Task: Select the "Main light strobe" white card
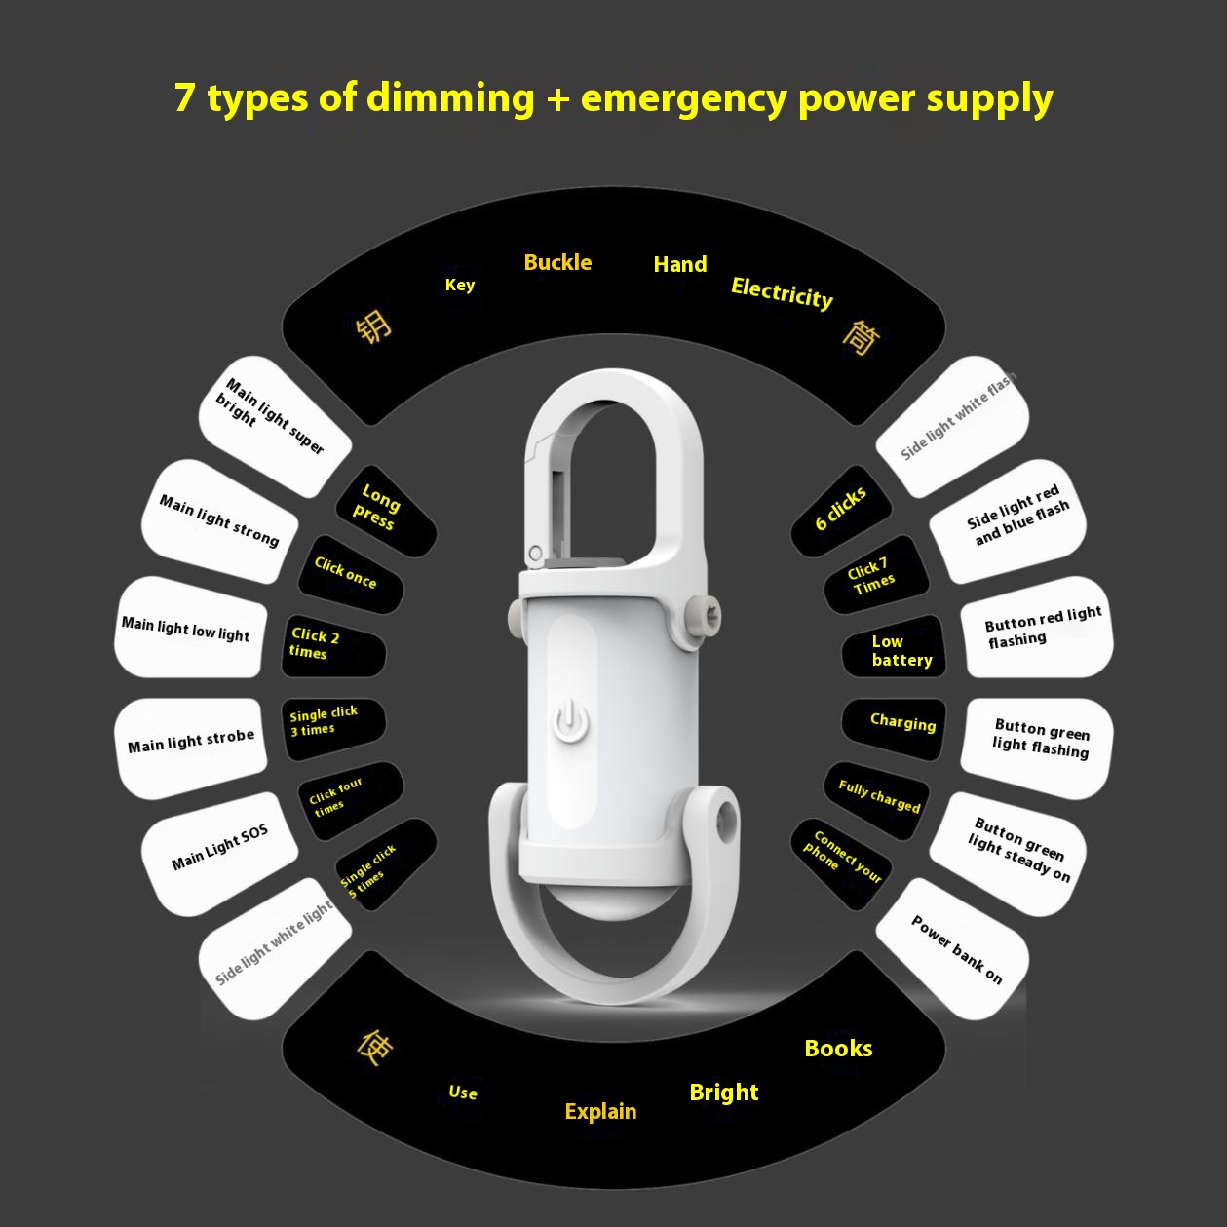190,748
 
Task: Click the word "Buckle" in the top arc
557,262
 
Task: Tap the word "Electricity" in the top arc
782,293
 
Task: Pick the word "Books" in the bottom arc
838,1048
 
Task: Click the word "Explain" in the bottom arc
600,1111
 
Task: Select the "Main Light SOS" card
219,854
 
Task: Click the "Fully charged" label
877,800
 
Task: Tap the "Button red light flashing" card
1037,627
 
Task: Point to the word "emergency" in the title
684,98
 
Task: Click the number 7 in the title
184,97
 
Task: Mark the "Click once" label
350,574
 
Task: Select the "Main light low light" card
190,627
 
